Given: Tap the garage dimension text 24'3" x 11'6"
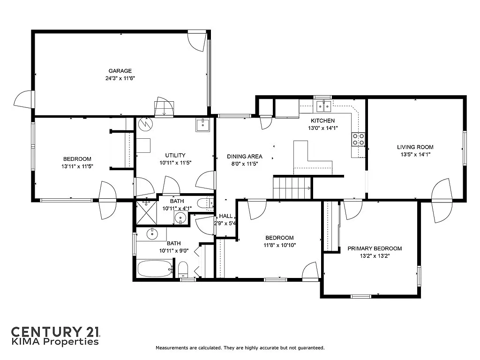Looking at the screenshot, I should coord(120,79).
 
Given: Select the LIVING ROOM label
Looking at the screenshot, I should coord(415,147).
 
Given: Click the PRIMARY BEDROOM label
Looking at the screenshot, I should coord(375,248).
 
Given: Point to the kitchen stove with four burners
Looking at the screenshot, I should coord(358,139).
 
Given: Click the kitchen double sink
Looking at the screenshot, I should coord(323,107).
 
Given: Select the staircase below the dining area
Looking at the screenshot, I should coord(292,187).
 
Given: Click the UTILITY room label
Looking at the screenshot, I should coord(175,155).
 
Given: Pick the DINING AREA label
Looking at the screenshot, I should coord(245,157).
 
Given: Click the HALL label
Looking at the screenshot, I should coord(226,216).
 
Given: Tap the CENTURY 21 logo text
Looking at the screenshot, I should coord(55,331).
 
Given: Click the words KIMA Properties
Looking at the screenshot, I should coord(55,342).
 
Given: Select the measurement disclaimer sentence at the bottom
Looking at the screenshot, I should coord(240,348).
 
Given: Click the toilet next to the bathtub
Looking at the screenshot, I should coord(183,270).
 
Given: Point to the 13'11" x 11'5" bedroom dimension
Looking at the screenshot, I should coord(77,166).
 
